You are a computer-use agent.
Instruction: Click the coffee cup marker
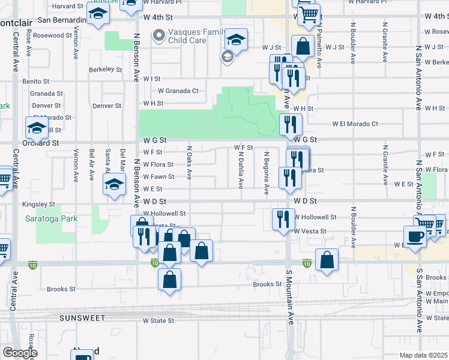(415, 237)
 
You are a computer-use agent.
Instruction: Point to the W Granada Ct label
(178, 91)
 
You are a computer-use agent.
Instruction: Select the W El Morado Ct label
(355, 124)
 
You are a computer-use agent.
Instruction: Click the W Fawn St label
(158, 176)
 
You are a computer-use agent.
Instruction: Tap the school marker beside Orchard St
(37, 128)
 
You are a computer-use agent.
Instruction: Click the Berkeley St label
(106, 69)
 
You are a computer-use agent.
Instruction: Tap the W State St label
(158, 320)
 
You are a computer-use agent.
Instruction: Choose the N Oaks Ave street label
(189, 163)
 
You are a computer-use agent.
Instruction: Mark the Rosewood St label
(53, 35)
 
